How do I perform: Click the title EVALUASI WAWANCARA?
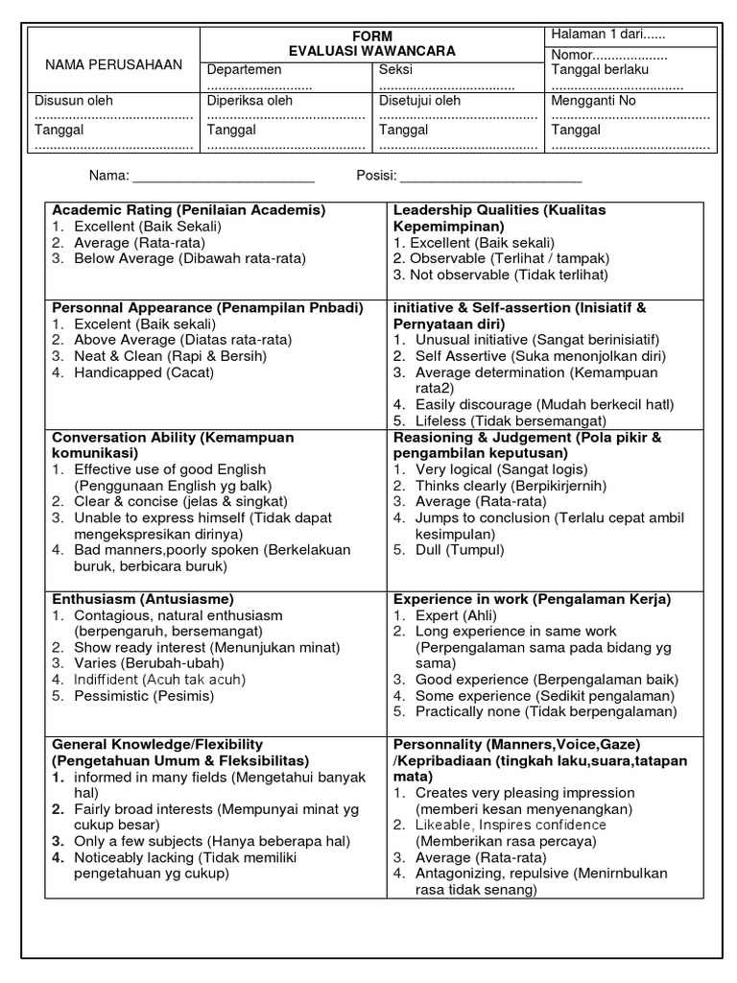coord(371,50)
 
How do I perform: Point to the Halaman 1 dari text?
coord(607,35)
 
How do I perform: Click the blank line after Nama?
coord(223,177)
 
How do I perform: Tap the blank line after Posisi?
coord(489,177)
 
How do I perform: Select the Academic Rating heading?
coord(189,209)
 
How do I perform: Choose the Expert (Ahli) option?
coord(452,615)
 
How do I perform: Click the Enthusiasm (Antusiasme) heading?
coord(143,599)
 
